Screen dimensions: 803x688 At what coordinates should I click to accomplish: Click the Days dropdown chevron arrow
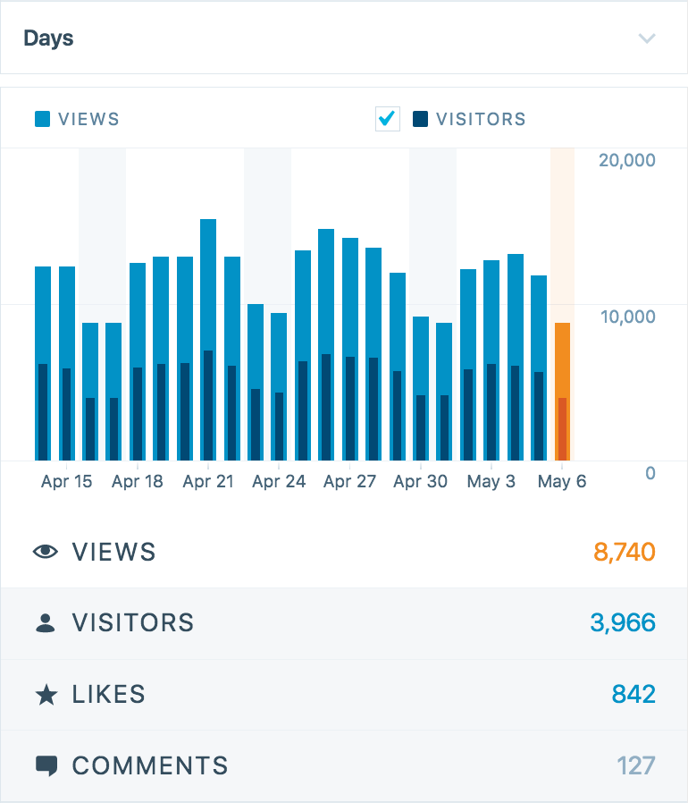click(x=647, y=38)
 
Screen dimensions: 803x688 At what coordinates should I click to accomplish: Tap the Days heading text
click(x=48, y=38)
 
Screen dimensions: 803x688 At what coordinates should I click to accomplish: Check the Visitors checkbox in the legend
click(x=387, y=119)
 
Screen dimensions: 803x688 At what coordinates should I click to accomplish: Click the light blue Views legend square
click(x=42, y=119)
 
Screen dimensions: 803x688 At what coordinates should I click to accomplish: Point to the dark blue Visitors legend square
click(x=420, y=119)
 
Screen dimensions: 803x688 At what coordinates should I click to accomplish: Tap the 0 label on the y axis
click(x=650, y=473)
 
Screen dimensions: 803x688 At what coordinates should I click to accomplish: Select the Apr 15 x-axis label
click(x=66, y=482)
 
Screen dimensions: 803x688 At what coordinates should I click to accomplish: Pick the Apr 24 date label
click(x=279, y=482)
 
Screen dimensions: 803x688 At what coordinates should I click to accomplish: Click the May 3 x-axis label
click(x=491, y=482)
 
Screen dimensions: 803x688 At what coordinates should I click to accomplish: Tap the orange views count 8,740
click(x=625, y=552)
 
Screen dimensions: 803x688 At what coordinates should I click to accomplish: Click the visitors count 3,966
click(x=623, y=622)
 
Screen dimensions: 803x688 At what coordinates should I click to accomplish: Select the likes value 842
click(x=633, y=694)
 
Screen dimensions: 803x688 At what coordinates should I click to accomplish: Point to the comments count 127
click(x=635, y=765)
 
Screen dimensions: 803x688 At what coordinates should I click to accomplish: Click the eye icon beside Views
click(x=46, y=552)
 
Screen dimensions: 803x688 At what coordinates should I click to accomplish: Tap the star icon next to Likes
click(x=46, y=695)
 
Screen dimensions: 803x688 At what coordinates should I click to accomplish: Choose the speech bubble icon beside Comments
click(x=46, y=765)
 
